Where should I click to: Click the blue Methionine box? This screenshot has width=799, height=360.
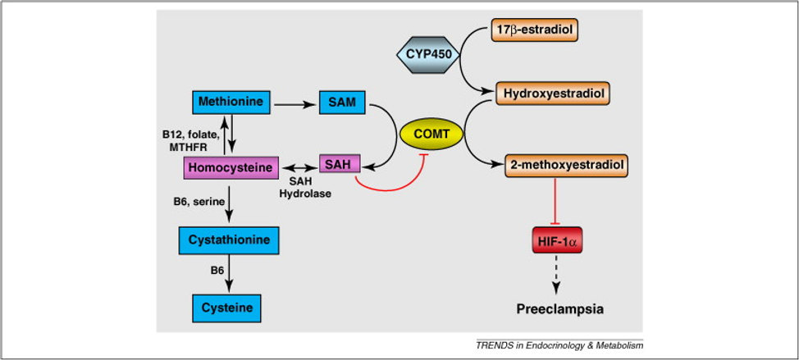[x=232, y=103]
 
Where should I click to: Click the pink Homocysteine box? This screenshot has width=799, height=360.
[x=232, y=166]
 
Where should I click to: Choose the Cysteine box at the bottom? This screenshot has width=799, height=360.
[x=228, y=308]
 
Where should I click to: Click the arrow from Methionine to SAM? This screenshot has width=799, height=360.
[x=295, y=104]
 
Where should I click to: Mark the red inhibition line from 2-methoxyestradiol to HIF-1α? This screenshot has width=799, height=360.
[x=558, y=201]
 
